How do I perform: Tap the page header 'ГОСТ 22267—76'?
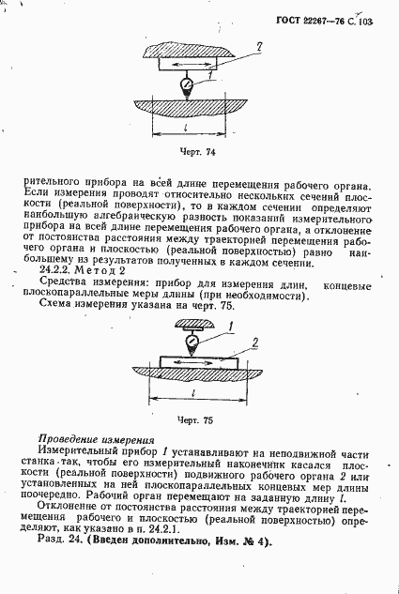click(x=312, y=18)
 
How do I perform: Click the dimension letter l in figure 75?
click(x=192, y=395)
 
